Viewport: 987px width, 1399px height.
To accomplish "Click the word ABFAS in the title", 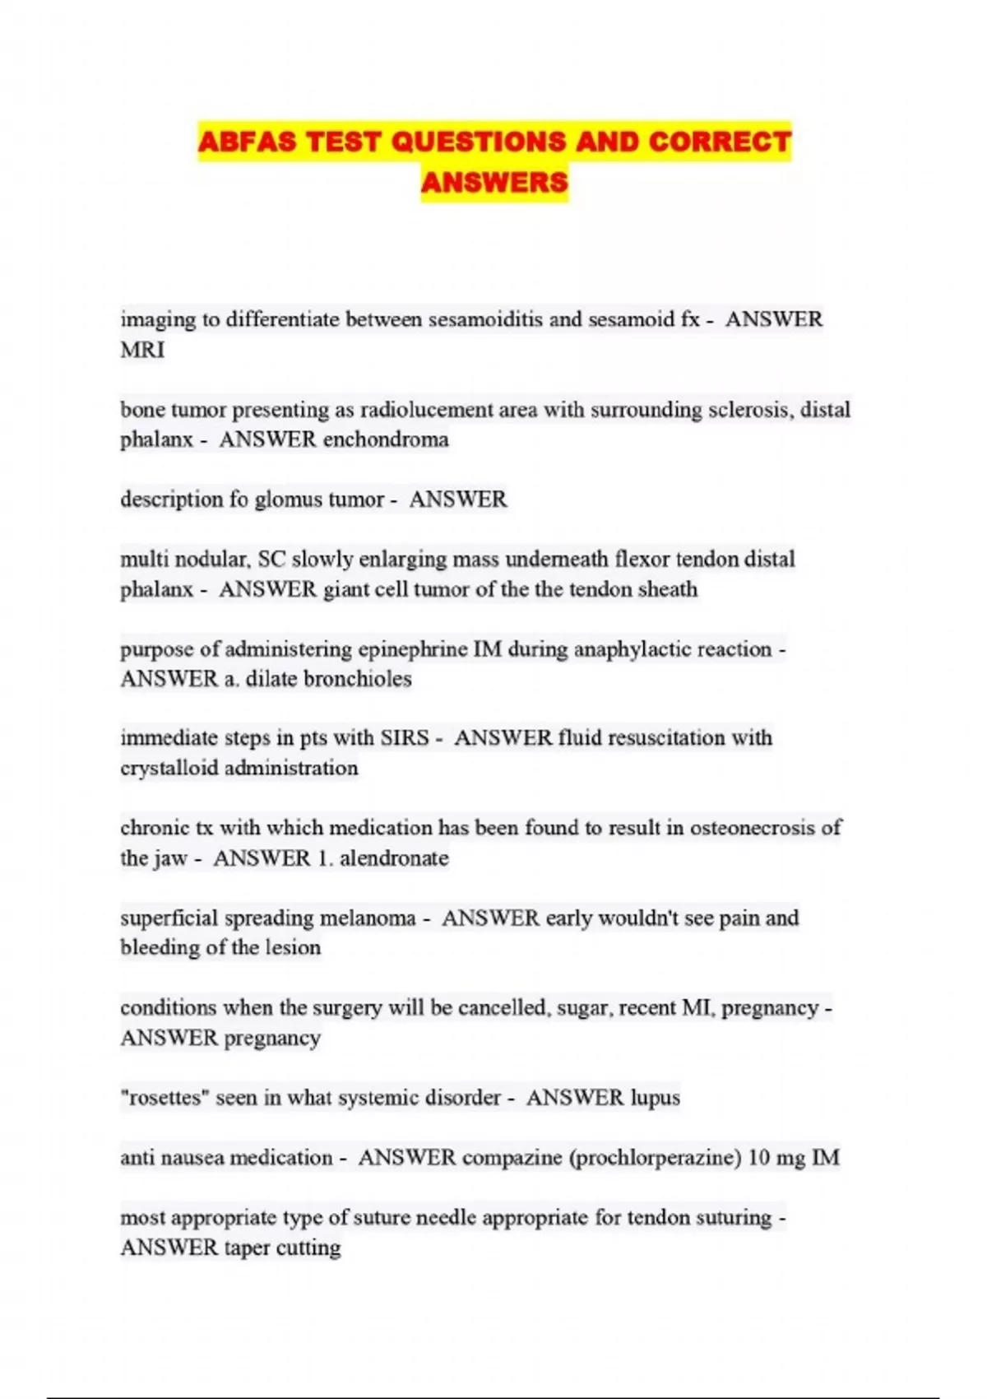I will click(x=248, y=142).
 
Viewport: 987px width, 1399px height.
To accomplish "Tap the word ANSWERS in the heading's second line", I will click(x=494, y=182).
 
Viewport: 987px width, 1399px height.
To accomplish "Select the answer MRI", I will click(x=142, y=350).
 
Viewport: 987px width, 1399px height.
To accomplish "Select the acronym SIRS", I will click(x=405, y=738).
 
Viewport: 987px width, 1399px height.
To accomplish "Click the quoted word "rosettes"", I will click(x=164, y=1098).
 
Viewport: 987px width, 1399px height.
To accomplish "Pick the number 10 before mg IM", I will click(x=759, y=1158).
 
